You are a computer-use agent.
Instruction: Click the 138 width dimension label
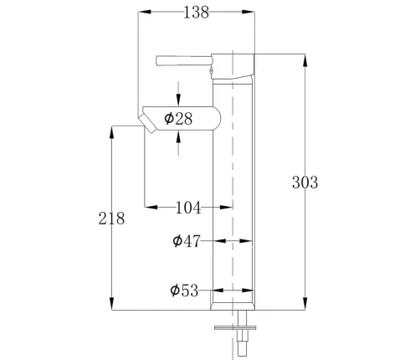coord(197,13)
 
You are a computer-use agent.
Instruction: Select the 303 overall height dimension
coord(305,183)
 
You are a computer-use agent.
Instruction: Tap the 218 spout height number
coord(111,219)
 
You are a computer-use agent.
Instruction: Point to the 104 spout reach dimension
coord(188,208)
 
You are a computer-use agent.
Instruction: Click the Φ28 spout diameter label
coord(178,119)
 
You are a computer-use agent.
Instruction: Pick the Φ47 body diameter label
coord(187,241)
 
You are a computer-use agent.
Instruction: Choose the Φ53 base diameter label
coord(184,291)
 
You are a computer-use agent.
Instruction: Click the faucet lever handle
coord(183,61)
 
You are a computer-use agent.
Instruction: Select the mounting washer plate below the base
coord(235,327)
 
